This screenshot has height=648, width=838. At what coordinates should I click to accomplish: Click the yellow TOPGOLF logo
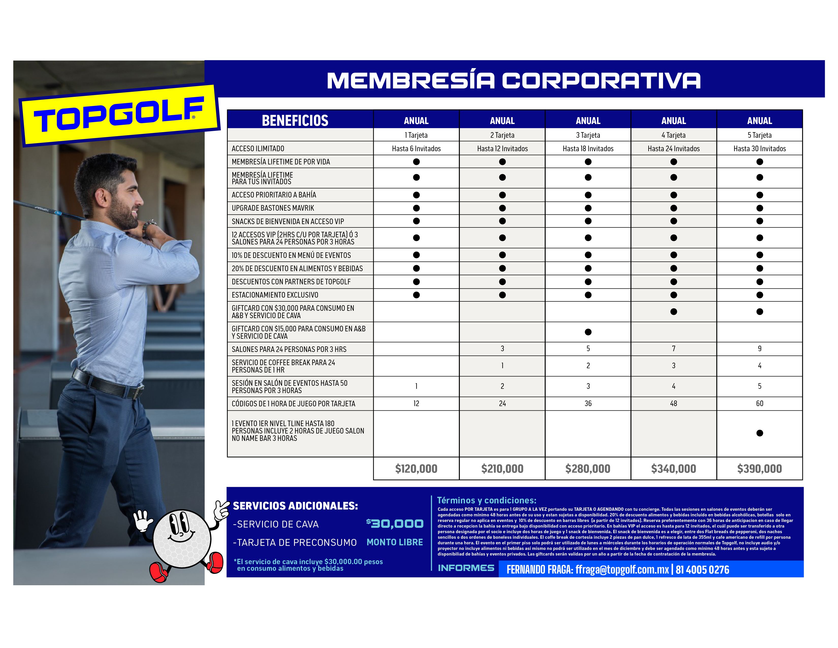119,115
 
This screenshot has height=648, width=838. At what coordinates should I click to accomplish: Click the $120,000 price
416,469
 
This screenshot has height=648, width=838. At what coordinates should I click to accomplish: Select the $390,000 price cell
759,469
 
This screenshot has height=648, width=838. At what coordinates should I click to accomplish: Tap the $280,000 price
588,469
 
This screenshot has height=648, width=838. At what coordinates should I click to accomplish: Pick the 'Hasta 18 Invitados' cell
588,149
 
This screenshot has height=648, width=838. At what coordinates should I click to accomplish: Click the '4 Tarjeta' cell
673,135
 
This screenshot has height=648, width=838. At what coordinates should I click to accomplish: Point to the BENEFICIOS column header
295,120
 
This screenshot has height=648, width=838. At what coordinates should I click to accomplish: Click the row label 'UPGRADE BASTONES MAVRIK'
273,208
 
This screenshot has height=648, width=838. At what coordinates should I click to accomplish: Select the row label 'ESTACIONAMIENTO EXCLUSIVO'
275,295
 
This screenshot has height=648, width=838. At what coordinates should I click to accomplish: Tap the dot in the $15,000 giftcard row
588,332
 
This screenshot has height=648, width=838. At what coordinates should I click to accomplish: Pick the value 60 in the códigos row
759,404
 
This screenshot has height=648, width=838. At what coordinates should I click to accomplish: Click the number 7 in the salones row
673,349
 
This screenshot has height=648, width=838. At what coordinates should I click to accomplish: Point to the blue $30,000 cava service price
395,524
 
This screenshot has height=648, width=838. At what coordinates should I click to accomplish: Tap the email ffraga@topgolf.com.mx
622,570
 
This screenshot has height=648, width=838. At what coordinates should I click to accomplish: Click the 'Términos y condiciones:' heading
487,500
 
